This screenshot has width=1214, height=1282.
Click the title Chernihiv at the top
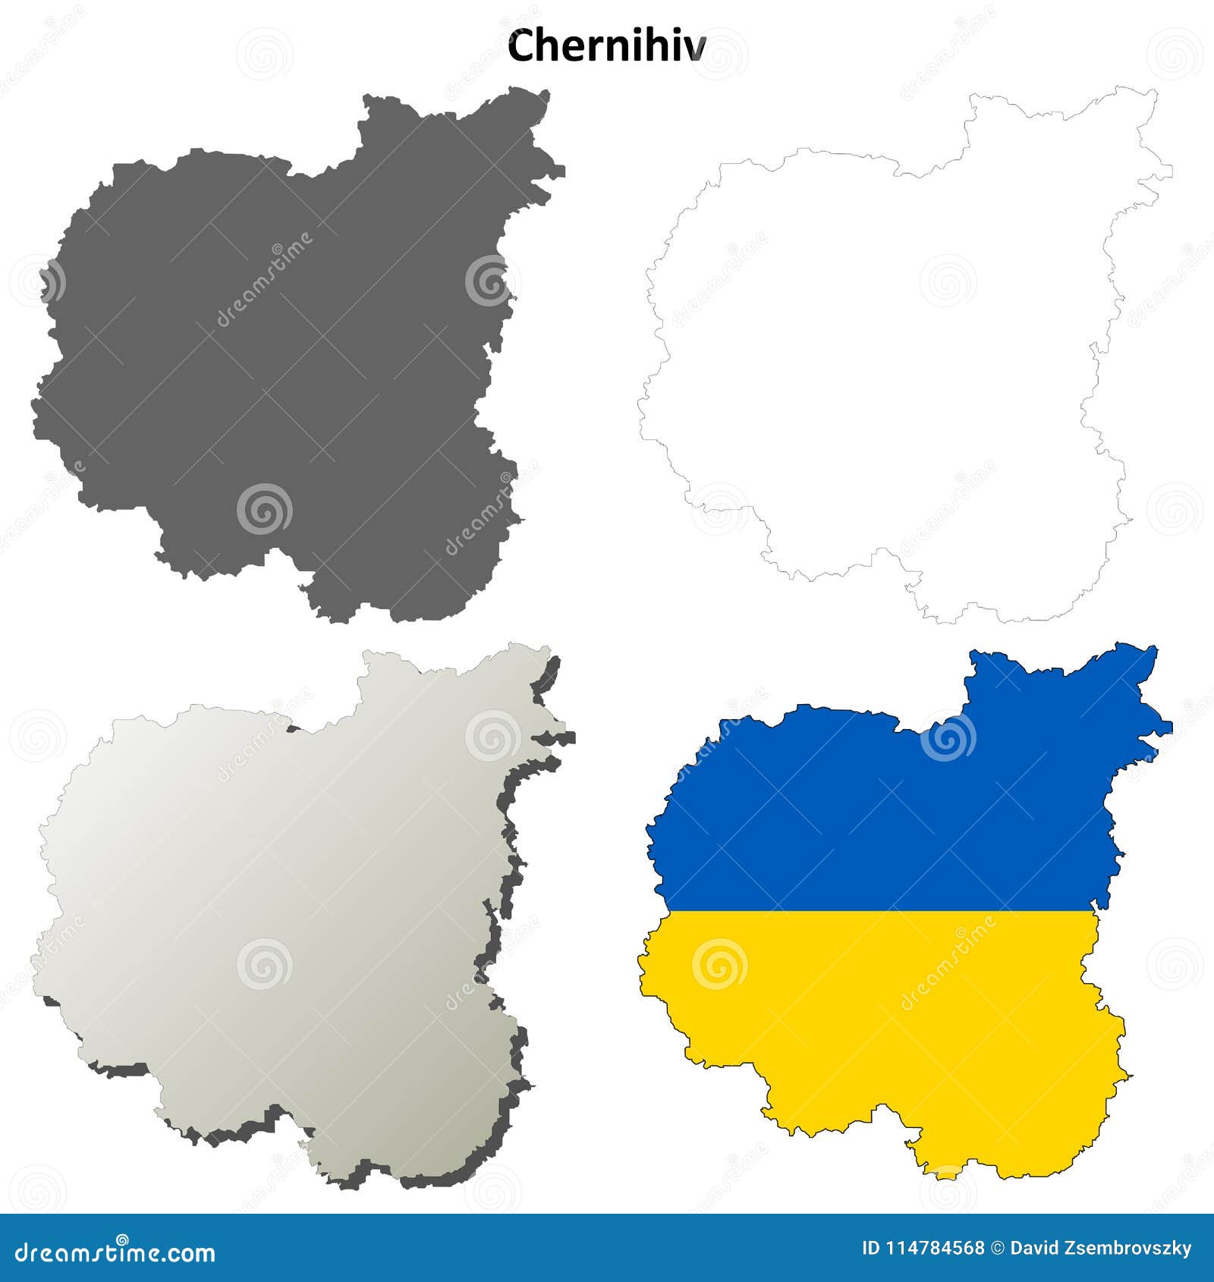pos(606,47)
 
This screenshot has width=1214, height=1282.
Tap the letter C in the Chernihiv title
pos(519,47)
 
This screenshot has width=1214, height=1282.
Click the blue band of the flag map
pos(880,827)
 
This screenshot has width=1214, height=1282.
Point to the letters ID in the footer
pos(871,1249)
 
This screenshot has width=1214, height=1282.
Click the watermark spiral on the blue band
pos(948,736)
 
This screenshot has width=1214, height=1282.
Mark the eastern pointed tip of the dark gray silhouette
pos(564,171)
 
